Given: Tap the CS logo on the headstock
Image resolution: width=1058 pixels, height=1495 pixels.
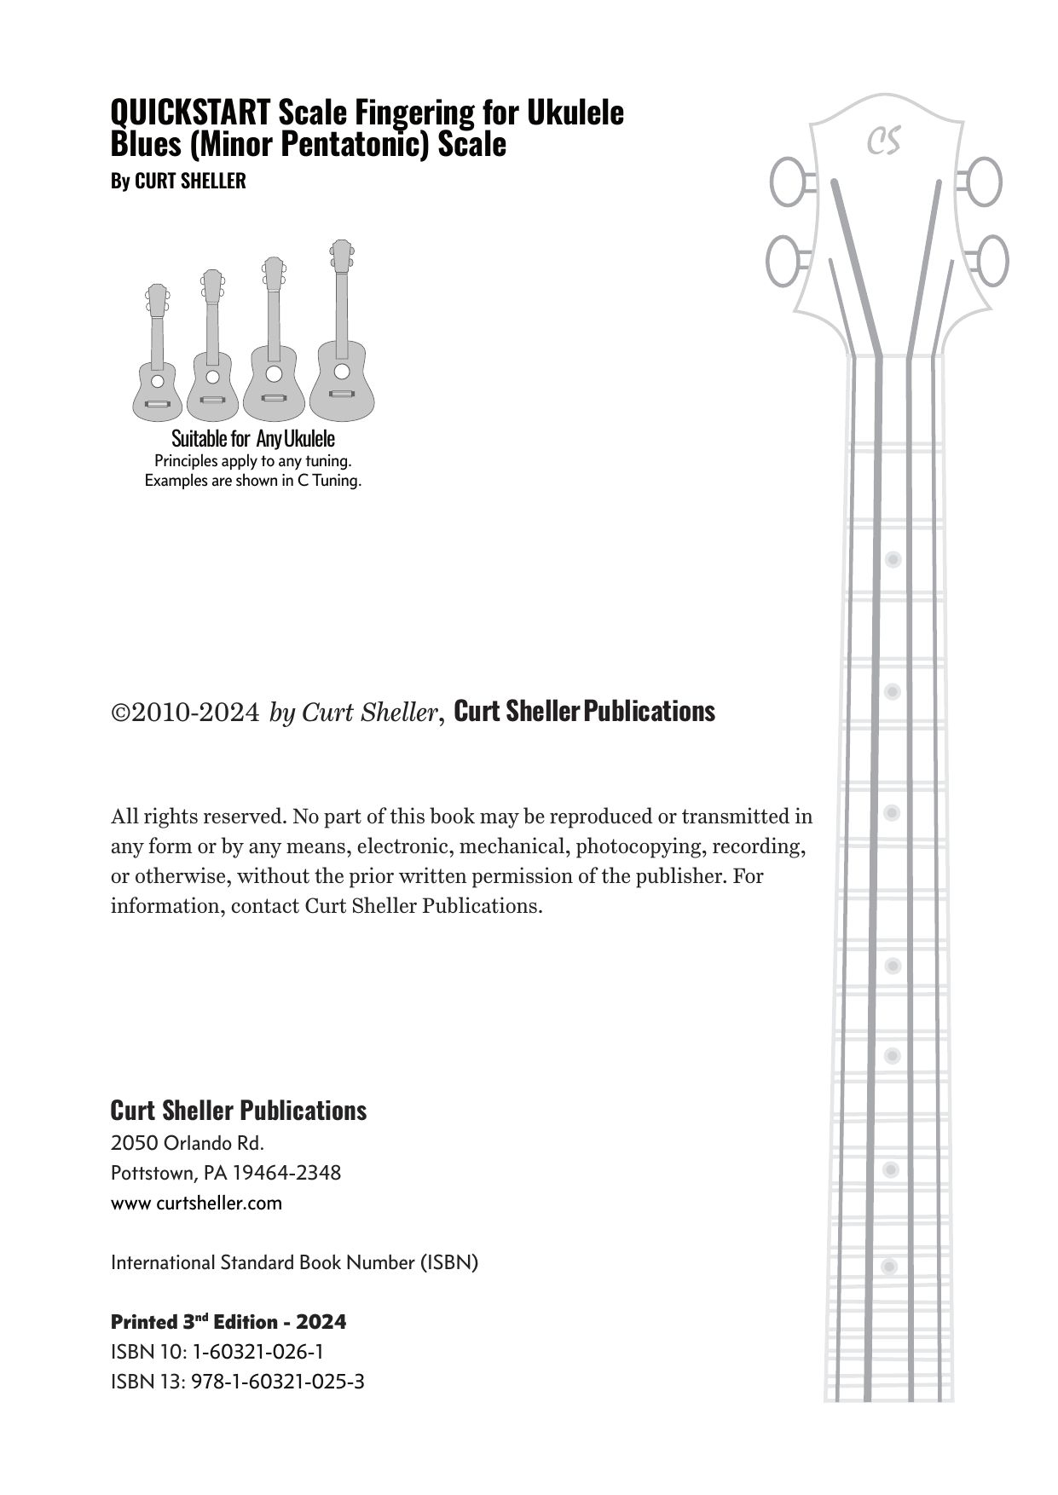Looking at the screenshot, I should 884,141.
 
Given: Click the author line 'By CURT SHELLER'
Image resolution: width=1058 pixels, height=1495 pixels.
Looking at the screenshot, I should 178,182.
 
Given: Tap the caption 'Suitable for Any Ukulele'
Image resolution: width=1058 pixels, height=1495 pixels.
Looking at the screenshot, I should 253,439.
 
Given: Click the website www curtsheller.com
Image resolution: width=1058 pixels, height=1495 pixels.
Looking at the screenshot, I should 196,1203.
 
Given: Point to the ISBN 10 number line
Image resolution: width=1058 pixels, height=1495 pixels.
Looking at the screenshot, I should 217,1352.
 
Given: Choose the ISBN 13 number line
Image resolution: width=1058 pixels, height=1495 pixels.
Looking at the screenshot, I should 237,1382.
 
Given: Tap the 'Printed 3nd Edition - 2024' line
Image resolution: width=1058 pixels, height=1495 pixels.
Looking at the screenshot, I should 228,1322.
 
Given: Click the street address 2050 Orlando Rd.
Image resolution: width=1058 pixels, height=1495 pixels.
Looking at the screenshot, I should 188,1142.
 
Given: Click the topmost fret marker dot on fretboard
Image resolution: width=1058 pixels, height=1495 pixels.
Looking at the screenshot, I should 893,560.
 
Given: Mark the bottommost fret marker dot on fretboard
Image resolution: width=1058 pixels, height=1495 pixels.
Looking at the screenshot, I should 889,1267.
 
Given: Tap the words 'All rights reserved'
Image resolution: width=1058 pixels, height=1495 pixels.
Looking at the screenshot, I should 198,817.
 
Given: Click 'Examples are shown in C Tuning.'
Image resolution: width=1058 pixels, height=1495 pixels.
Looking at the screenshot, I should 253,481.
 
